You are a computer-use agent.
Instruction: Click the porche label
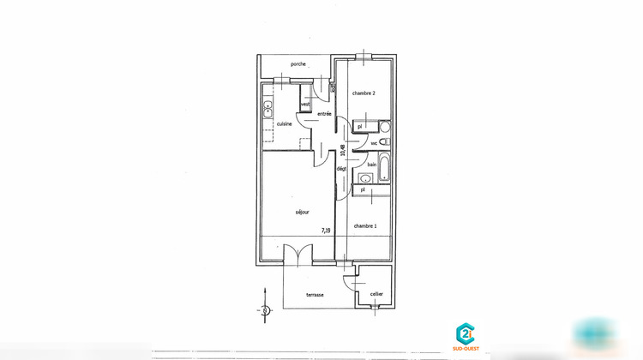[298, 64]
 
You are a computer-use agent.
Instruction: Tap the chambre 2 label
[364, 93]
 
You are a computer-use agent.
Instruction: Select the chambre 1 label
[364, 225]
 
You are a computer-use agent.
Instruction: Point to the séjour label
[302, 212]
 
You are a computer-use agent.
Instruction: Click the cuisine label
[284, 124]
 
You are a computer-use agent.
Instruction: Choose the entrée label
[324, 114]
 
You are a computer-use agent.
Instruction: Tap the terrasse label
[315, 295]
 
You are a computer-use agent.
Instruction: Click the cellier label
[376, 294]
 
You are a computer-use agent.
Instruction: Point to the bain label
[372, 164]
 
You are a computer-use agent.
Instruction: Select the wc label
[374, 142]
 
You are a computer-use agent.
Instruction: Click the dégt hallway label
[341, 170]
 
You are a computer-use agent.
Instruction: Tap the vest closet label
[304, 105]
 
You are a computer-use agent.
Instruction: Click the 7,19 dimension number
[327, 230]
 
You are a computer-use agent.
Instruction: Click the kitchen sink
[268, 110]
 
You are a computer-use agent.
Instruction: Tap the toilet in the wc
[384, 141]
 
